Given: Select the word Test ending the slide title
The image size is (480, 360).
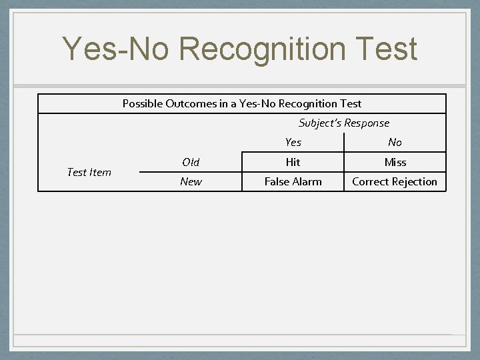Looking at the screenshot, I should pyautogui.click(x=382, y=49).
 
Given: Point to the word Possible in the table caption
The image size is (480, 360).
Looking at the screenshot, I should pyautogui.click(x=142, y=103).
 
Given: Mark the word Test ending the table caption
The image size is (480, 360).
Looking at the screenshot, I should pyautogui.click(x=351, y=103).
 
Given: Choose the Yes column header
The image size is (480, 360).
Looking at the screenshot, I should pyautogui.click(x=293, y=142).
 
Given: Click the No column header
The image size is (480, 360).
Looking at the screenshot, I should pyautogui.click(x=395, y=142).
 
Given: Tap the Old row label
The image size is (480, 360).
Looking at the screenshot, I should pyautogui.click(x=191, y=162).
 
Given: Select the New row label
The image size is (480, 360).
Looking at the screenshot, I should pyautogui.click(x=191, y=181).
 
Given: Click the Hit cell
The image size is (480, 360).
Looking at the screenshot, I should pyautogui.click(x=293, y=162).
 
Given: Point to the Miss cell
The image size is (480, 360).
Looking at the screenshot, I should pyautogui.click(x=395, y=162).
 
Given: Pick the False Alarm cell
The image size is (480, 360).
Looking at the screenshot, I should pyautogui.click(x=293, y=181).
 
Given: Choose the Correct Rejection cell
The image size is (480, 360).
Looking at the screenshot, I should pyautogui.click(x=395, y=181).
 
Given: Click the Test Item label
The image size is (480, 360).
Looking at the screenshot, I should pyautogui.click(x=89, y=172).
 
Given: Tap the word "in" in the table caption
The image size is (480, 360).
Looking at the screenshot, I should pyautogui.click(x=221, y=103).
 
